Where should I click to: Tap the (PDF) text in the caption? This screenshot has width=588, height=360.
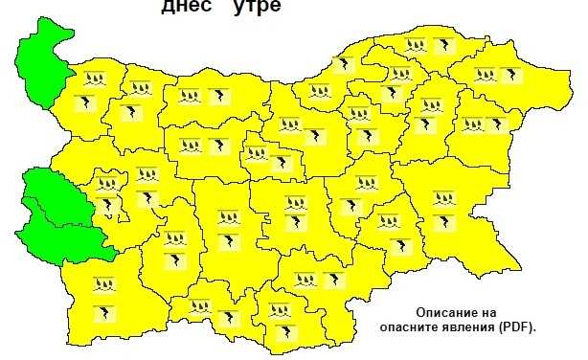(517, 326)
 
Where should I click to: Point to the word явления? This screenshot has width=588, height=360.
(469, 326)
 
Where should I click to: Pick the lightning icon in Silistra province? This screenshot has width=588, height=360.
(442, 44)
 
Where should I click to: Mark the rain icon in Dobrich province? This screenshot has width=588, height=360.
(486, 74)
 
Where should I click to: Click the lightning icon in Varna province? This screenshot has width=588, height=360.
(499, 124)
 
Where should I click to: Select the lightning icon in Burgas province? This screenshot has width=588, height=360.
(443, 222)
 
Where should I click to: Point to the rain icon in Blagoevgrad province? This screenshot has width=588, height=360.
(102, 283)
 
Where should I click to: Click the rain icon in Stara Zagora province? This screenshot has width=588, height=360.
(294, 202)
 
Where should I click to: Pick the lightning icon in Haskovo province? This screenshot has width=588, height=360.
(333, 280)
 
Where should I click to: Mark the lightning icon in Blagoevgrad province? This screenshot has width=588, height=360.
(102, 312)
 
